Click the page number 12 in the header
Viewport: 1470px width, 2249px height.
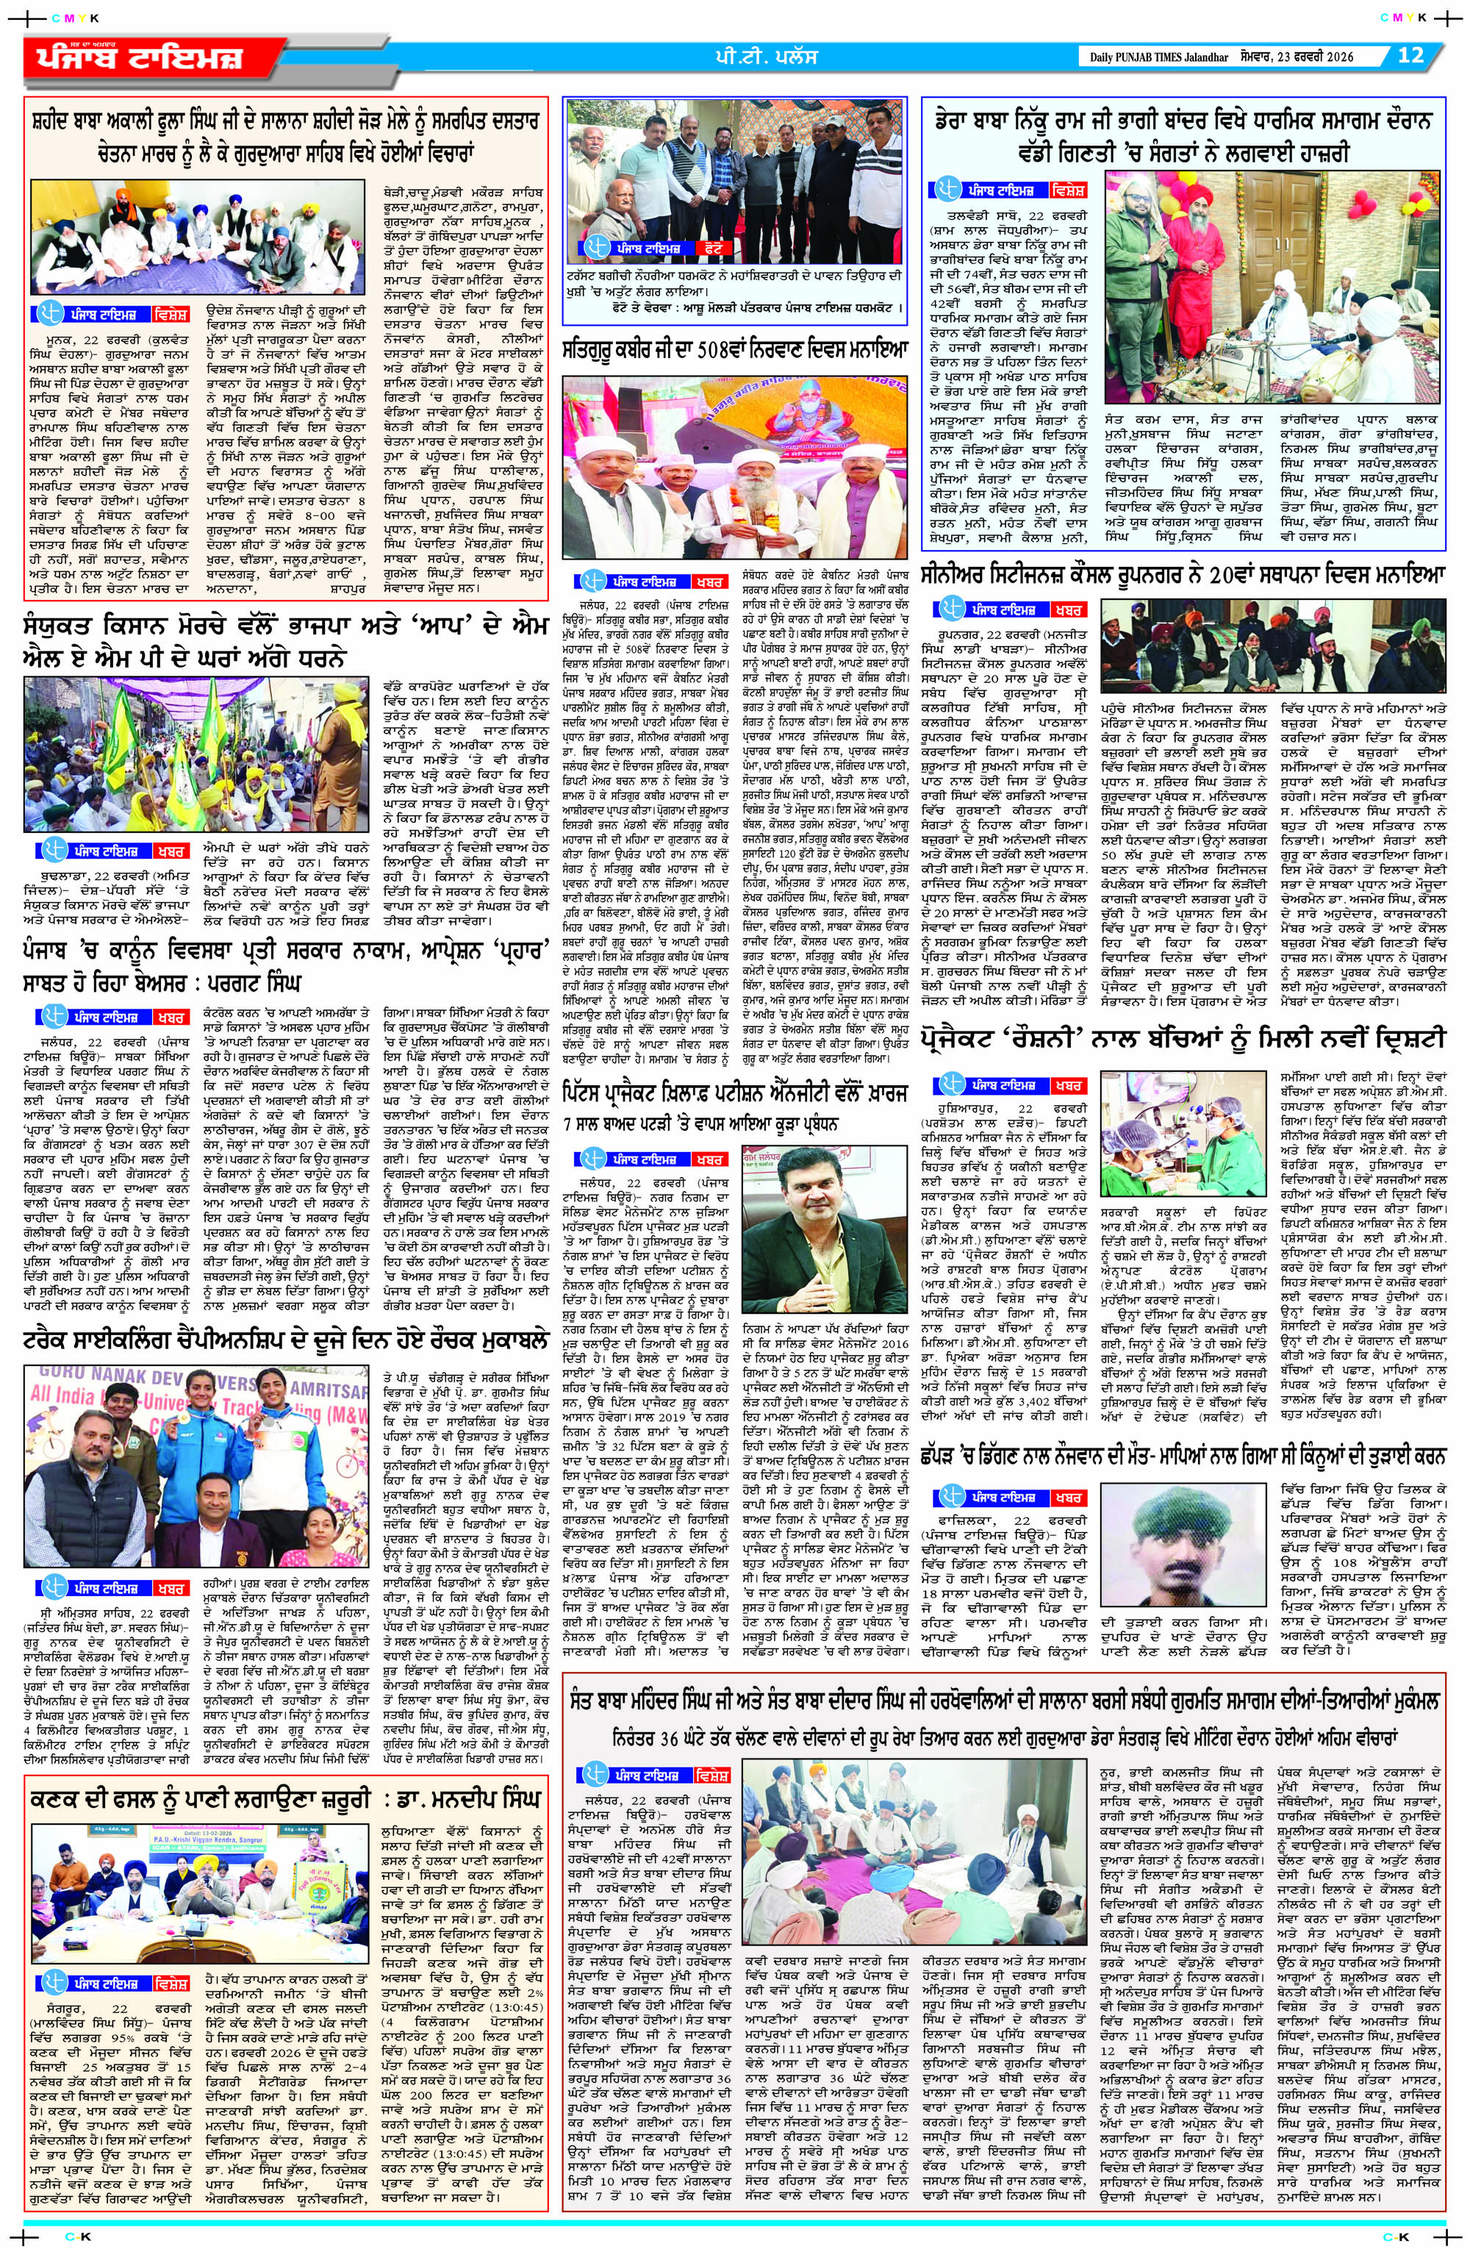point(1410,55)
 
